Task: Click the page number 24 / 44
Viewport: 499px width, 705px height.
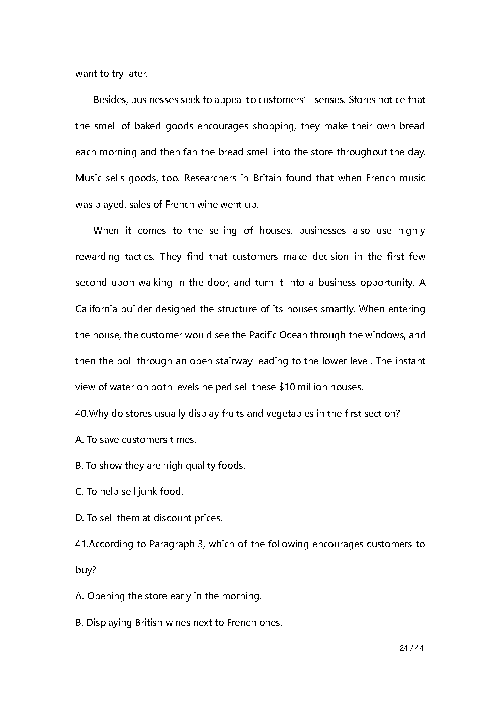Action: point(411,648)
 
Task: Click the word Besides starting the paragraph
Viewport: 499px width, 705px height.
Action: point(111,99)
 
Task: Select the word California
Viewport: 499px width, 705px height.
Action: point(96,309)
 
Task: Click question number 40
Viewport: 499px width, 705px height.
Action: point(81,413)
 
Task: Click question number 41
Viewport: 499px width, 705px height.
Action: point(81,544)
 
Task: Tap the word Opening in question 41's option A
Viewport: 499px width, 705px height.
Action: point(106,596)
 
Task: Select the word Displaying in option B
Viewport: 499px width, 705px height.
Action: point(109,622)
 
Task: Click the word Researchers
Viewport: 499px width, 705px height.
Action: point(208,178)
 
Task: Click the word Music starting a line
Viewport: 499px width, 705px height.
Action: point(89,178)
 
